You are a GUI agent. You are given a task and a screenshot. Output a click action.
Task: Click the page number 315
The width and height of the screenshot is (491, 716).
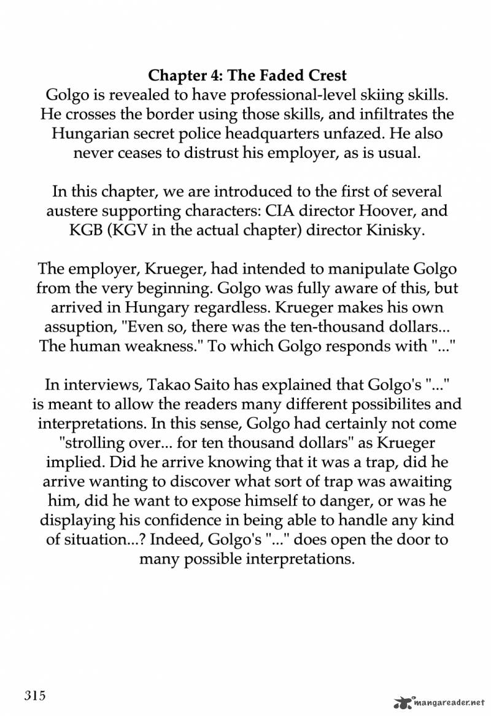coord(36,696)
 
